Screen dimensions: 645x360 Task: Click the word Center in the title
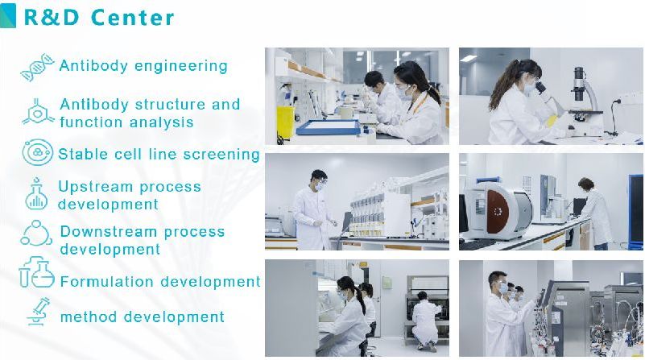(x=132, y=17)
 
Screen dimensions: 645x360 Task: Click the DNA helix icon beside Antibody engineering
(x=37, y=67)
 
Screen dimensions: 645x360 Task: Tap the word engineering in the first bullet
(x=180, y=66)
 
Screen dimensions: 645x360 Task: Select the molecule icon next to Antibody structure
(x=37, y=112)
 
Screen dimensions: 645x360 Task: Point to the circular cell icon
(x=37, y=152)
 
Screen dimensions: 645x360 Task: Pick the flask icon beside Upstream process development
(x=36, y=194)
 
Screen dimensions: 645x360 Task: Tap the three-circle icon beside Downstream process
(x=36, y=234)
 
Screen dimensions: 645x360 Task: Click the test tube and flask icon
(x=36, y=272)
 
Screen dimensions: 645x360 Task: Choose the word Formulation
(x=108, y=282)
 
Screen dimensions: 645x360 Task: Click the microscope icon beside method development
(x=39, y=312)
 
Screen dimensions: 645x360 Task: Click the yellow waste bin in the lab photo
(x=286, y=122)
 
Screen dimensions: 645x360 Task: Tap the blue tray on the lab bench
(x=328, y=127)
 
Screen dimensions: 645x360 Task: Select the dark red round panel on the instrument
(x=498, y=211)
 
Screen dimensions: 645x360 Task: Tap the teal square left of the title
(x=8, y=15)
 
